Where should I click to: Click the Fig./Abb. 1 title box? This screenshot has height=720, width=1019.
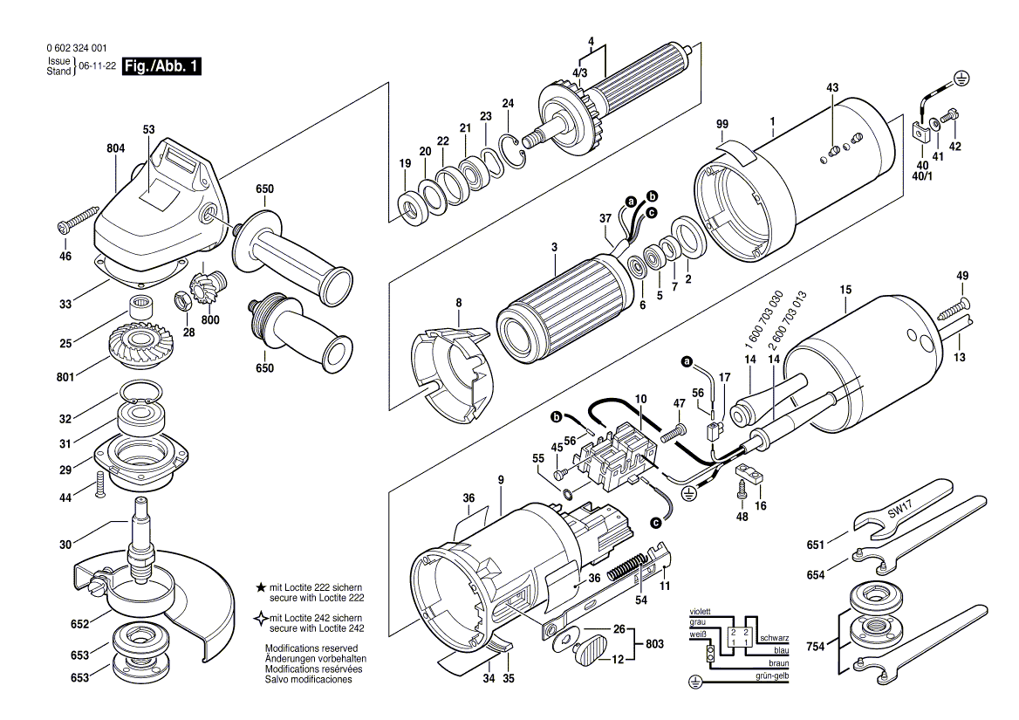click(x=161, y=65)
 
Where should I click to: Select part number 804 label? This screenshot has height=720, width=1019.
click(x=116, y=149)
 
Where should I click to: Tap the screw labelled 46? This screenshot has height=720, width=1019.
click(x=78, y=219)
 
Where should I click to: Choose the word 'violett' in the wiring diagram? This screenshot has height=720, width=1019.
click(x=701, y=612)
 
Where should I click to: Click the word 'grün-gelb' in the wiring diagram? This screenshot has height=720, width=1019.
click(x=772, y=676)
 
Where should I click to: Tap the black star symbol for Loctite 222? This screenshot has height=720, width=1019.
click(x=260, y=587)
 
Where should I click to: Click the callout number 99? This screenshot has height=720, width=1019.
click(x=722, y=124)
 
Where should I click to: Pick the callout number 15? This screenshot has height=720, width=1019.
click(x=845, y=290)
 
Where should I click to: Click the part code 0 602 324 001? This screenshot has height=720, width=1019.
click(x=77, y=48)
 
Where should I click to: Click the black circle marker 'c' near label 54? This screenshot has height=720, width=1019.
click(x=656, y=523)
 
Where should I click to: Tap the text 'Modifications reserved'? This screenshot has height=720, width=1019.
click(x=311, y=648)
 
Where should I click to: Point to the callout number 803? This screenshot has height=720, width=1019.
click(x=654, y=644)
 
